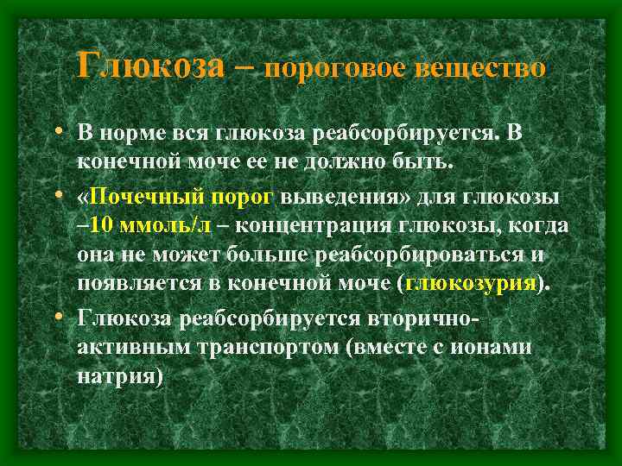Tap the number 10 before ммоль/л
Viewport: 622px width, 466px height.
(x=98, y=227)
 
